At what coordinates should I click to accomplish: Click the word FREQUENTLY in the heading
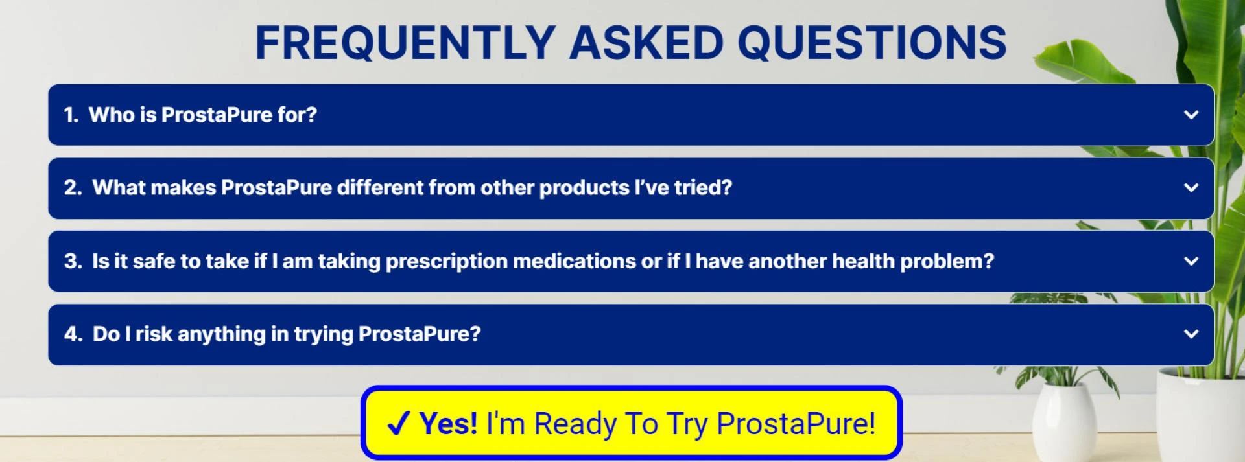coord(405,43)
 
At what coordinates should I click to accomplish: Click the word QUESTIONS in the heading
coord(872,43)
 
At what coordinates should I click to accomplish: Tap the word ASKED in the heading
coord(646,43)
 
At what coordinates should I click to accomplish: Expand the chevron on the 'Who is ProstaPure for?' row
coord(1191,115)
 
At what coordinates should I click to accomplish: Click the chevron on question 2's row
coord(1191,188)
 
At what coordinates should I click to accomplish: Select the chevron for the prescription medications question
coord(1191,261)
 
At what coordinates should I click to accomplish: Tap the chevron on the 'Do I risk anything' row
coord(1191,334)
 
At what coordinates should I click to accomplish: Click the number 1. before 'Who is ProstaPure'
coord(71,115)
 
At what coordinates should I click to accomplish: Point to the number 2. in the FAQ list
coord(73,188)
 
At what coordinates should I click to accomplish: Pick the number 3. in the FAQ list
coord(73,261)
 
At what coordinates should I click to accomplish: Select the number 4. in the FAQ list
coord(73,334)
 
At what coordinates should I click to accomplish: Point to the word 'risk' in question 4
coord(154,334)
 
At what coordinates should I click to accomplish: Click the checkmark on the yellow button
coord(397,424)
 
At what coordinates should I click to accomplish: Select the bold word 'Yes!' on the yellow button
coord(449,424)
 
